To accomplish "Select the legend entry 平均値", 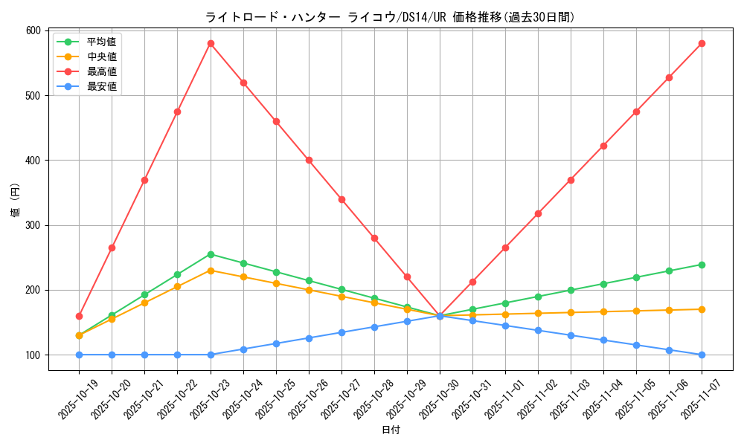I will pyautogui.click(x=101, y=42).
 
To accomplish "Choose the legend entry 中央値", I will pyautogui.click(x=101, y=56).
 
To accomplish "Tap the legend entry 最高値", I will pyautogui.click(x=101, y=71).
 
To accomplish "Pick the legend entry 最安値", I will pyautogui.click(x=101, y=86).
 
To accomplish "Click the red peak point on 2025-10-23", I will pyautogui.click(x=211, y=43).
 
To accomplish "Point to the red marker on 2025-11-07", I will pyautogui.click(x=702, y=43).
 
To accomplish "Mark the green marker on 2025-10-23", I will pyautogui.click(x=211, y=254).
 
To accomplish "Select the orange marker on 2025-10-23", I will pyautogui.click(x=211, y=271).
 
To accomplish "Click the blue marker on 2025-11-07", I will pyautogui.click(x=702, y=355).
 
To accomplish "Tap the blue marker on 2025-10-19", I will pyautogui.click(x=79, y=355).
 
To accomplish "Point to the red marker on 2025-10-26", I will pyautogui.click(x=309, y=160).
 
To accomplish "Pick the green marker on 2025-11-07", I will pyautogui.click(x=702, y=265).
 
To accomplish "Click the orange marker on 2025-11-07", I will pyautogui.click(x=702, y=309).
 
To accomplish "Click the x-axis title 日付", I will pyautogui.click(x=391, y=430).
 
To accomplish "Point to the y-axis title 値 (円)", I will pyautogui.click(x=16, y=201).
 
